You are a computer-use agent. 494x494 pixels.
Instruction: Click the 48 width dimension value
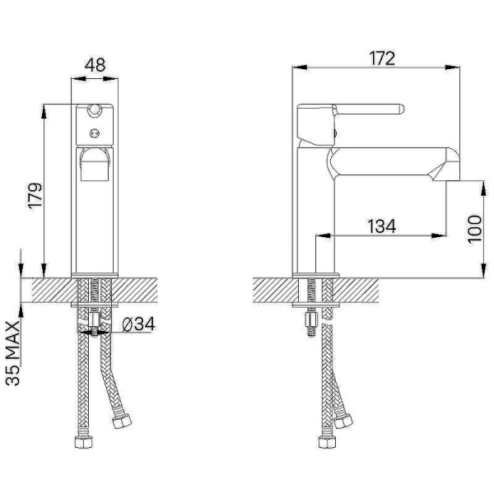click(x=95, y=65)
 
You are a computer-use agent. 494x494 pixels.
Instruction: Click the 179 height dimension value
click(x=35, y=195)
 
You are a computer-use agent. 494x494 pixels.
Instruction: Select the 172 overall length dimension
click(x=382, y=58)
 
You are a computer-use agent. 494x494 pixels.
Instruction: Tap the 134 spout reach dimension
click(x=381, y=226)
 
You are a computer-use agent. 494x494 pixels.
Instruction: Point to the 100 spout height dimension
click(x=475, y=229)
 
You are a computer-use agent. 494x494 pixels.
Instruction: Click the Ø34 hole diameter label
click(x=138, y=324)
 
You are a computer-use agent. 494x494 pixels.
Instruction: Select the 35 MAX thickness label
click(x=13, y=353)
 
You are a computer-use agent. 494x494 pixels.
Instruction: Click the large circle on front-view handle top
click(x=95, y=110)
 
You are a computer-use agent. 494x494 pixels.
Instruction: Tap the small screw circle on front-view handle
click(x=95, y=133)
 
